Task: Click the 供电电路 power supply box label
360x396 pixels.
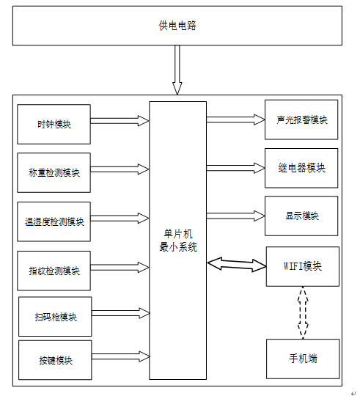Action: click(177, 26)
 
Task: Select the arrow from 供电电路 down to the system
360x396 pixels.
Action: click(177, 70)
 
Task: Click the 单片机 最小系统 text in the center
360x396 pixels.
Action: click(178, 241)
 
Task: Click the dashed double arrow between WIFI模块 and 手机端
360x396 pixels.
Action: click(303, 312)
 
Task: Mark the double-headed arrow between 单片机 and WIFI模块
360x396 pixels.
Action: click(237, 265)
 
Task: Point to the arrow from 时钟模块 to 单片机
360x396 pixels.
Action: click(120, 121)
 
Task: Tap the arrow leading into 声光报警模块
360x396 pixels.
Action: click(235, 120)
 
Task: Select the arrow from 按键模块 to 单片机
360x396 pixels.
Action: click(121, 356)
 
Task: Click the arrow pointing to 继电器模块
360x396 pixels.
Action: click(235, 168)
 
